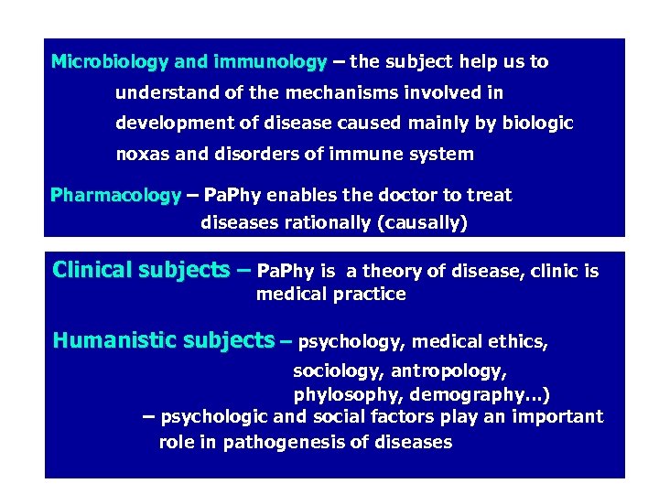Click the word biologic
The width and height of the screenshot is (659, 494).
coord(535,123)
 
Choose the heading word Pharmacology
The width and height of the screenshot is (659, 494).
coord(115,195)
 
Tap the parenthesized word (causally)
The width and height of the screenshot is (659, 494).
coord(418,222)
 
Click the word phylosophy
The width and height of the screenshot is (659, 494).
coord(348,394)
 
